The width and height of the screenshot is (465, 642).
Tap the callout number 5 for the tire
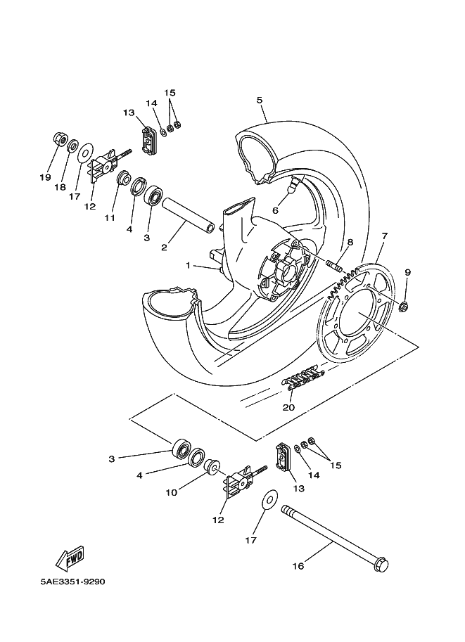260,101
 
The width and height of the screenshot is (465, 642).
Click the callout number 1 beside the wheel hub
188,266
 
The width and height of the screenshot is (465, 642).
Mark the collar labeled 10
212,466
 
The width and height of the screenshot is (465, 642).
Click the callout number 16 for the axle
298,566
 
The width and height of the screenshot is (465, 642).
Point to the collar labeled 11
124,179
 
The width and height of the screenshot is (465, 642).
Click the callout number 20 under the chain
288,407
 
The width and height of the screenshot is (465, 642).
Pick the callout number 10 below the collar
171,492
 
